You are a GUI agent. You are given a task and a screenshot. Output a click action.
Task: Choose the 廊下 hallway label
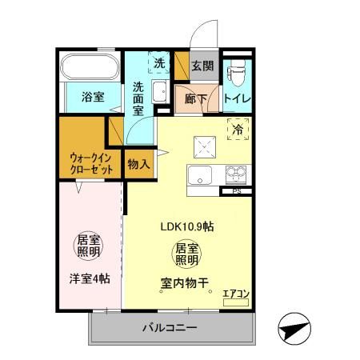tap(196, 98)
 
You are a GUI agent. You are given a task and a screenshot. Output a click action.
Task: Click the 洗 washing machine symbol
tap(160, 63)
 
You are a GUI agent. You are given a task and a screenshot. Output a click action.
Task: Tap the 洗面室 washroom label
tap(138, 100)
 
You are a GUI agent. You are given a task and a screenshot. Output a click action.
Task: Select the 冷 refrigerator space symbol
tap(238, 128)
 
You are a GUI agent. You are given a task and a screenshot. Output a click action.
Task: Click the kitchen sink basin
tap(198, 175)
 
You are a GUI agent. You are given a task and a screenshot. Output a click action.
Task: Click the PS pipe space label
tap(236, 192)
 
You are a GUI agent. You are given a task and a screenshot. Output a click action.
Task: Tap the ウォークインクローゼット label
tap(82, 162)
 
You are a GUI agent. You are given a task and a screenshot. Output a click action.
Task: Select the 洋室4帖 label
tap(88, 278)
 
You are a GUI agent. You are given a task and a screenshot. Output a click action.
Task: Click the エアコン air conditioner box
tap(235, 294)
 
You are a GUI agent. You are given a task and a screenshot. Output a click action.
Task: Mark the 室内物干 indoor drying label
tap(186, 282)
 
